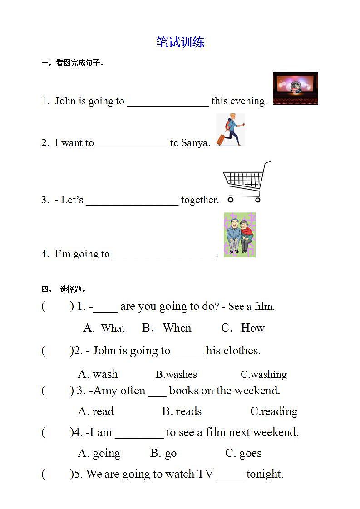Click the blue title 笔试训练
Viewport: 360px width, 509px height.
[x=180, y=42]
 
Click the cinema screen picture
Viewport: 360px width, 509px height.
[x=295, y=88]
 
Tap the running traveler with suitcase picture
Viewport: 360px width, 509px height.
[x=230, y=130]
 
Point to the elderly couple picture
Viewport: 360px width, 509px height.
[x=240, y=235]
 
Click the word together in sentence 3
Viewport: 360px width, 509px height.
[x=200, y=200]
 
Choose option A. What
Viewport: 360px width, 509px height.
[x=104, y=328]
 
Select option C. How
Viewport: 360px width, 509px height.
[x=243, y=328]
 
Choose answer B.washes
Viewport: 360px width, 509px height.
[x=176, y=375]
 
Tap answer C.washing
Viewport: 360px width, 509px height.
[x=264, y=375]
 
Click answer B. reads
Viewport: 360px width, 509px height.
[x=182, y=411]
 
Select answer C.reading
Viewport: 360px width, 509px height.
[x=274, y=411]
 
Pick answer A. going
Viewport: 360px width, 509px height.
[x=99, y=453]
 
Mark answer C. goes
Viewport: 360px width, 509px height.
[x=243, y=453]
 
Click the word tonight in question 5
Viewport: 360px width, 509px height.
[x=265, y=474]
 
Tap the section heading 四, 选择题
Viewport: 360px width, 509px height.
[x=64, y=289]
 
